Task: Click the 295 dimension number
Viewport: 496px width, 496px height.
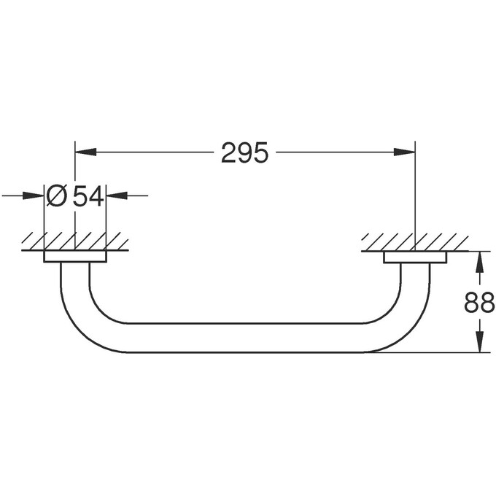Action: pyautogui.click(x=244, y=152)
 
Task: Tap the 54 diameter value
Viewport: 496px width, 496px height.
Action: pyautogui.click(x=88, y=195)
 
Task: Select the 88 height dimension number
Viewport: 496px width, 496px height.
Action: pyautogui.click(x=479, y=302)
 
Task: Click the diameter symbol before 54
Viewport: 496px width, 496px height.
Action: pyautogui.click(x=57, y=195)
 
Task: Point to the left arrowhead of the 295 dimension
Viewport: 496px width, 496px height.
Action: pyautogui.click(x=85, y=152)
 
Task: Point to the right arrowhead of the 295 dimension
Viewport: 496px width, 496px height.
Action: pyautogui.click(x=404, y=152)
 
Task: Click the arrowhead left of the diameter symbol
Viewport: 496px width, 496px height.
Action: pyautogui.click(x=33, y=195)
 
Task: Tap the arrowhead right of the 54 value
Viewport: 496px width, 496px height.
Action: pyautogui.click(x=117, y=195)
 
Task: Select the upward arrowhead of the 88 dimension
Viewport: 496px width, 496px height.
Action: pyautogui.click(x=480, y=262)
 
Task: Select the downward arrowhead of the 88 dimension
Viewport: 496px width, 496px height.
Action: pyautogui.click(x=480, y=342)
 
